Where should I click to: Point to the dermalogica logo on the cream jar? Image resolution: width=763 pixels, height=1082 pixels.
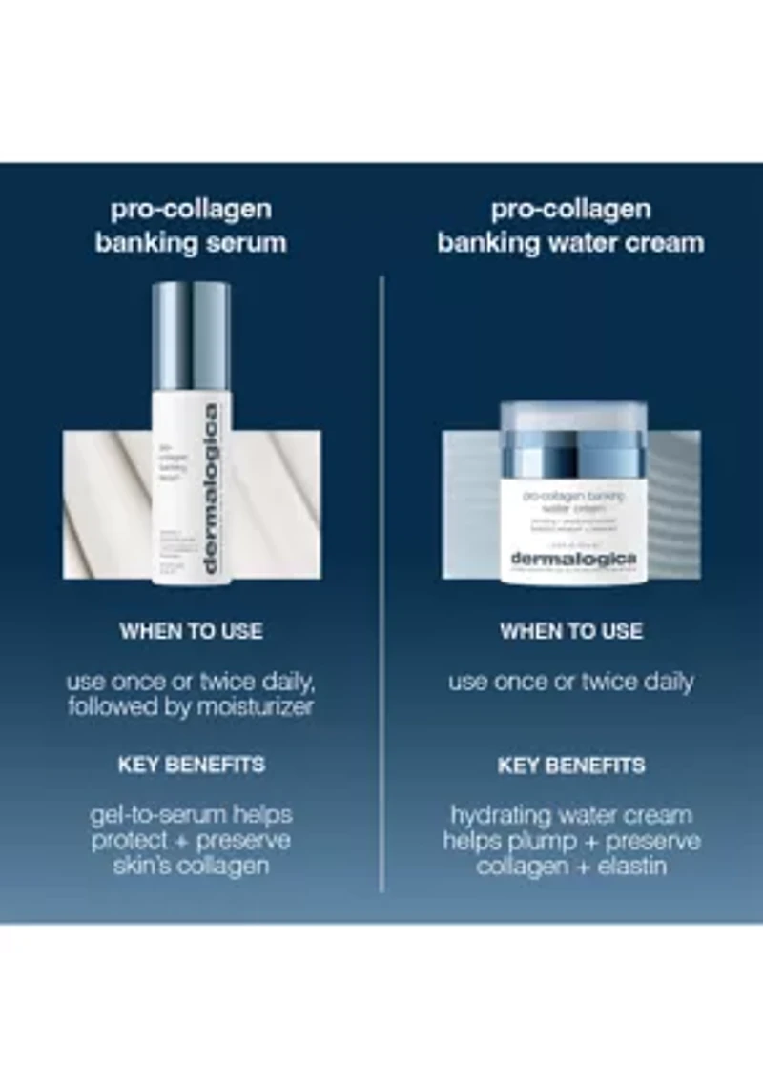click(x=573, y=559)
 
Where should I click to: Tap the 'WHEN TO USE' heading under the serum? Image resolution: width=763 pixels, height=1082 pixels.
click(x=191, y=631)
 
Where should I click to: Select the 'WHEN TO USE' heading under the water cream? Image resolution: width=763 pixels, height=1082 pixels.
click(x=571, y=631)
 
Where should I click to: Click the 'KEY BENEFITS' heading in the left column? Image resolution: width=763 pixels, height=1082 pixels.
click(x=191, y=765)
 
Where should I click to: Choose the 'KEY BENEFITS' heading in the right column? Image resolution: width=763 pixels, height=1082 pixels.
click(x=571, y=765)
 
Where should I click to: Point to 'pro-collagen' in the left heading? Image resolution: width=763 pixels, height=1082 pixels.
click(x=191, y=210)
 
